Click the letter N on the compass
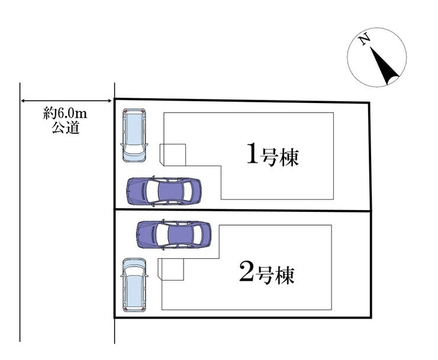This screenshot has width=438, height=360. click(x=364, y=40)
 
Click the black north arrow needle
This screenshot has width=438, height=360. click(x=384, y=66)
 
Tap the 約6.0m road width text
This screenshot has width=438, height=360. click(x=65, y=114)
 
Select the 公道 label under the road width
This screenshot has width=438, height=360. click(x=66, y=128)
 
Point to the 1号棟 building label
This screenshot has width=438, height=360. click(x=273, y=156)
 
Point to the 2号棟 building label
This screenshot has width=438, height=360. click(x=267, y=275)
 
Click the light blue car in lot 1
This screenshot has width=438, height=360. click(x=134, y=136)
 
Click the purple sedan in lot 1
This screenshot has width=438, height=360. click(x=164, y=191)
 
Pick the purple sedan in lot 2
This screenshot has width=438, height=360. click(x=174, y=234)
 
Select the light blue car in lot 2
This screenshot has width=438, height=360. click(x=134, y=285)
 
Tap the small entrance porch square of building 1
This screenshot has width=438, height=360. click(x=173, y=155)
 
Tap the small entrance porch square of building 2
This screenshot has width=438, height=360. click(x=170, y=269)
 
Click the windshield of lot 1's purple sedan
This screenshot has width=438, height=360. click(x=152, y=191)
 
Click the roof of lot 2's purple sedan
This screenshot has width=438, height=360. click(x=181, y=234)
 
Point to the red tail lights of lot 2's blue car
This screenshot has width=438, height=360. click(x=134, y=309)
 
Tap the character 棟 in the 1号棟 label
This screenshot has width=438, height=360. click(x=289, y=157)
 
